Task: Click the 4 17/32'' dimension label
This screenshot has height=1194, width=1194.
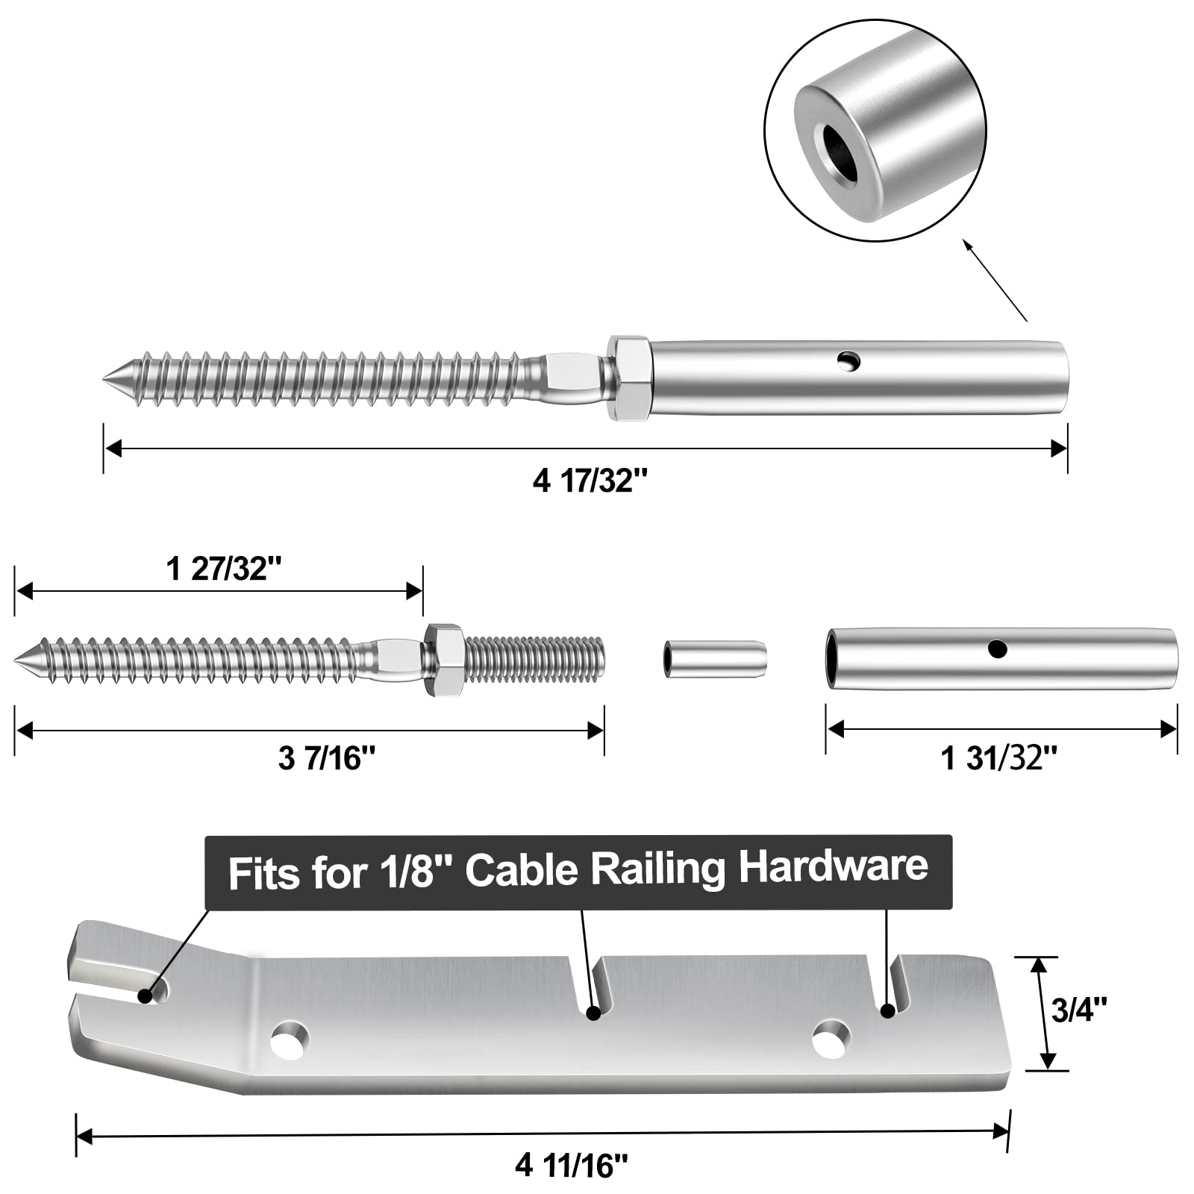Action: pos(585,481)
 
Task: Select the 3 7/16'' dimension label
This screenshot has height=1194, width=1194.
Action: pos(326,759)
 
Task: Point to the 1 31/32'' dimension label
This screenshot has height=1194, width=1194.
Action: pos(998,759)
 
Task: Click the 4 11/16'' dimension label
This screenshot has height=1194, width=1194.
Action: pos(571,1165)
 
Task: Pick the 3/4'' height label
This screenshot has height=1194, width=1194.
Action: pos(1078,1011)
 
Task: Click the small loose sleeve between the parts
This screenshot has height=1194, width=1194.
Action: pos(713,657)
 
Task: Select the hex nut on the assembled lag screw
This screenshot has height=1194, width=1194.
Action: pos(631,378)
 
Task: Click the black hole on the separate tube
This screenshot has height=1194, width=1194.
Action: pos(997,648)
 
